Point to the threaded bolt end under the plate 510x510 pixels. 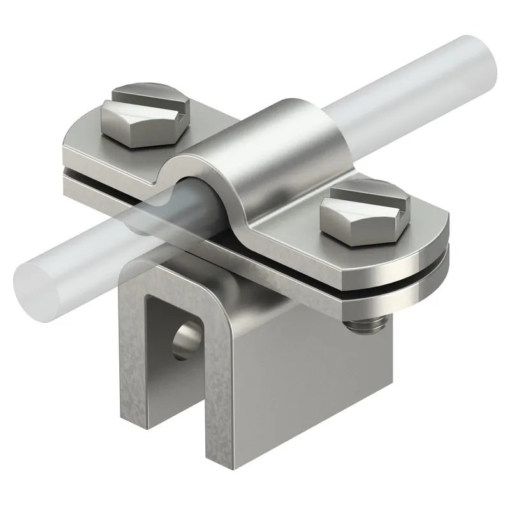coord(363,326)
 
